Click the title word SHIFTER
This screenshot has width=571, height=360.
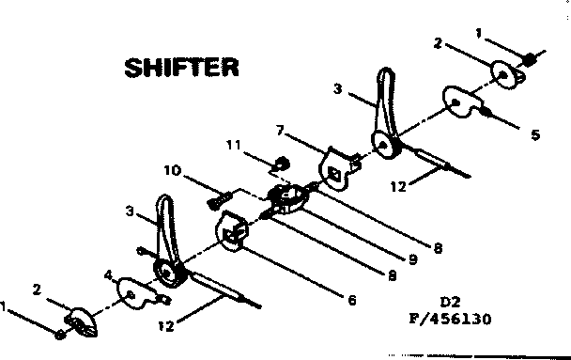[x=182, y=68]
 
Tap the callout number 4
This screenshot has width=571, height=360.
[x=109, y=276]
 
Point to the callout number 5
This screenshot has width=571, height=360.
[x=535, y=135]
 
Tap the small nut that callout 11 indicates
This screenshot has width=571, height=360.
[x=279, y=167]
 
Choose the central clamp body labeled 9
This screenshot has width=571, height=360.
[x=290, y=197]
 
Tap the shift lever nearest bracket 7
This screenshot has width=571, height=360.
[x=386, y=113]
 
